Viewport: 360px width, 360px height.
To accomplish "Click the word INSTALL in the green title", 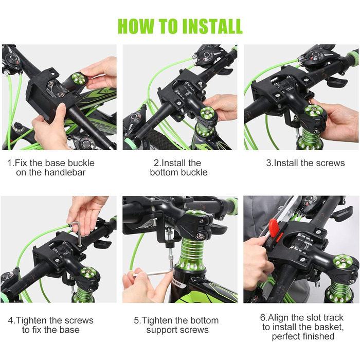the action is click(x=212, y=26).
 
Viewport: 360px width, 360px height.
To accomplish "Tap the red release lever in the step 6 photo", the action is click(x=274, y=228).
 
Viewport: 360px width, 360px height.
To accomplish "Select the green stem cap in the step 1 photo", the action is click(x=79, y=79).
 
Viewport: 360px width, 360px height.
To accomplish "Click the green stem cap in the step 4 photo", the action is click(x=88, y=273).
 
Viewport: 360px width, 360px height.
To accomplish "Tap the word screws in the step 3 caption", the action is click(x=330, y=163).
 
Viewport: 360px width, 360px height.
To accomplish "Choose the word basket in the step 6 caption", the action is click(x=329, y=327).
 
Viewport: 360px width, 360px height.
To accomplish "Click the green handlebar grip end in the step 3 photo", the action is click(x=353, y=56).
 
